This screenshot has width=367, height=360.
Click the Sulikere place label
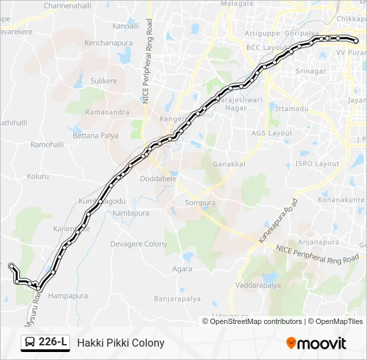(x=103, y=81)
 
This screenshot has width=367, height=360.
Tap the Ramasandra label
(x=107, y=112)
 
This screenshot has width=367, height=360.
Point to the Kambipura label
(x=131, y=213)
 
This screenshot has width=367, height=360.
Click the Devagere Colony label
(x=139, y=244)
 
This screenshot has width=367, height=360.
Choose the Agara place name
(x=182, y=269)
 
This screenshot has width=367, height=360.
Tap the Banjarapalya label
(x=177, y=299)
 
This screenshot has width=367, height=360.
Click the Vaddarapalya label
(x=258, y=285)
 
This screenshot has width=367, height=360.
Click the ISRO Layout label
(x=318, y=163)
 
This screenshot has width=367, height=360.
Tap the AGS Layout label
(x=272, y=133)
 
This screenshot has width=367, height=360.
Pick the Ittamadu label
(x=292, y=108)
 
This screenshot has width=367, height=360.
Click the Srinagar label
(x=311, y=71)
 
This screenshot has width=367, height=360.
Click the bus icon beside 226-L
(x=30, y=343)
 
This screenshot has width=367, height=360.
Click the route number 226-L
(x=53, y=343)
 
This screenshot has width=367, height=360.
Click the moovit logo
(x=316, y=343)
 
